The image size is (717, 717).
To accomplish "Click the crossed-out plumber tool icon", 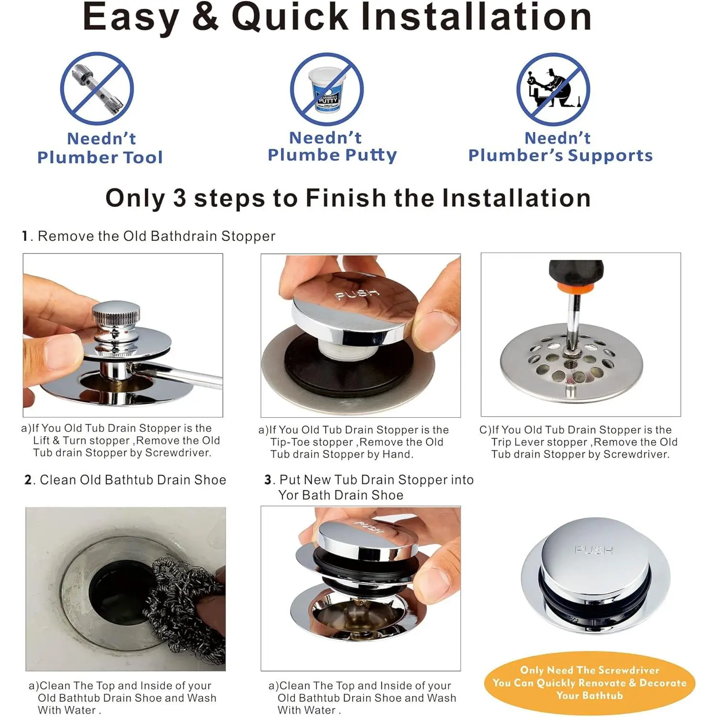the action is click(x=97, y=89).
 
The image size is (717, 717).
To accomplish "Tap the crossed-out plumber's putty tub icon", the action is click(x=327, y=89).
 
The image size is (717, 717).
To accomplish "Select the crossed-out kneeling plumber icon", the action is click(x=553, y=89).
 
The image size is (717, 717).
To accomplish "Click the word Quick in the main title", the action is click(x=290, y=17).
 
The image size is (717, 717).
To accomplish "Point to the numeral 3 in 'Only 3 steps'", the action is click(x=180, y=198).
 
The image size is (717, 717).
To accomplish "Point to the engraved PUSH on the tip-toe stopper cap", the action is click(x=357, y=294).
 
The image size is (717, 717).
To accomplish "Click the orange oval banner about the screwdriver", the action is click(x=589, y=683).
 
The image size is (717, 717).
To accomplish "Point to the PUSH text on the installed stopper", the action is click(x=593, y=550).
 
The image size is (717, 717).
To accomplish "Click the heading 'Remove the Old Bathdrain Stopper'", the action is click(x=156, y=236).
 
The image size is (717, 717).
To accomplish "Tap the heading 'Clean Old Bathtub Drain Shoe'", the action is click(x=133, y=480).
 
